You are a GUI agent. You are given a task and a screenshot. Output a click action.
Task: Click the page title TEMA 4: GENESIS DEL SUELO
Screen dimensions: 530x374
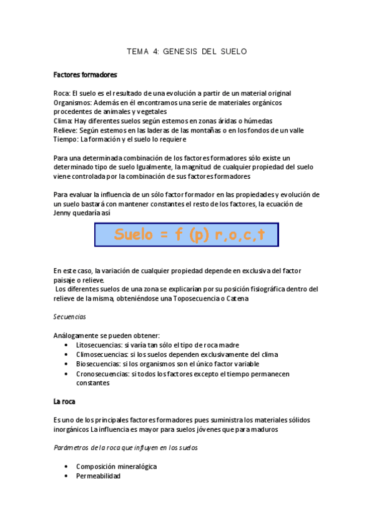point(187,51)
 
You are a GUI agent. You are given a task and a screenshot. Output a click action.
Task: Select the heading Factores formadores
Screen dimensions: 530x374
point(86,75)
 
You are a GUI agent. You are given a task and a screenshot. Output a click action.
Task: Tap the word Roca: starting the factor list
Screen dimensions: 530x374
point(62,93)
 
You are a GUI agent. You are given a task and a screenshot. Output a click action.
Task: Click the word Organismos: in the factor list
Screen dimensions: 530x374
point(74,102)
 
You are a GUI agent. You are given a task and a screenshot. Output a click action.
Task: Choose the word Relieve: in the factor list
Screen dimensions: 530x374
point(66,130)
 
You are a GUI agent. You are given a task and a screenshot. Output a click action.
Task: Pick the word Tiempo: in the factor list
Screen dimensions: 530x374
point(66,139)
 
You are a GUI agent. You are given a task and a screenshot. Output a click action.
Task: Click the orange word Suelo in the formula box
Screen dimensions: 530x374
point(134,235)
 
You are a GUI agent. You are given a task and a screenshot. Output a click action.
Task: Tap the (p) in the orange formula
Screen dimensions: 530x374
point(195,235)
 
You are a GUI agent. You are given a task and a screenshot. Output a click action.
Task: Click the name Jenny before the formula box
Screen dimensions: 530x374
point(64,213)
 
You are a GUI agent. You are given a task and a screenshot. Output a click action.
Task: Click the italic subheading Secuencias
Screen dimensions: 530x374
point(69,317)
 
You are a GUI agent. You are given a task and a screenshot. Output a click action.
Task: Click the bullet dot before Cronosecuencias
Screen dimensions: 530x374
point(67,374)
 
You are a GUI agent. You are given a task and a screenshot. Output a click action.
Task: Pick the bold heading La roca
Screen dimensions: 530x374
point(64,401)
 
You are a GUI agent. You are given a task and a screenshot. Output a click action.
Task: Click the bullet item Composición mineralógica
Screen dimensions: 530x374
point(116,466)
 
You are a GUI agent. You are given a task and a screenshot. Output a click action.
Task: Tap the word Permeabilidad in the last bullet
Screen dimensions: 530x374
point(98,476)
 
